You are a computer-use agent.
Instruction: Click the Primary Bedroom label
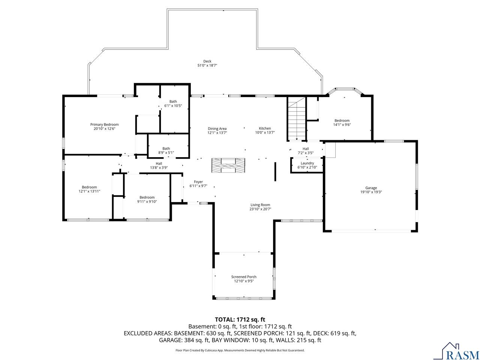coord(104,124)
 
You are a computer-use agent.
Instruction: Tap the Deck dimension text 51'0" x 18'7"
coord(207,65)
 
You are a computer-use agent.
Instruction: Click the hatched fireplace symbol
coord(228,165)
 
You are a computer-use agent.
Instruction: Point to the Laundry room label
coord(307,163)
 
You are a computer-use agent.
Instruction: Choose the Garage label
coord(371,188)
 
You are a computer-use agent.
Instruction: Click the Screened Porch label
coord(244,277)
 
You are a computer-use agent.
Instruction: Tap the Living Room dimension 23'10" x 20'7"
coord(260,209)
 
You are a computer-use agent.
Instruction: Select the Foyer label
coord(198,181)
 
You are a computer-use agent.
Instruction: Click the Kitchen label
coord(265,128)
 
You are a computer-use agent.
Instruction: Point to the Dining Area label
coord(217,129)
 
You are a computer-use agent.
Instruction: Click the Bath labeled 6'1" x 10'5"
coord(173,101)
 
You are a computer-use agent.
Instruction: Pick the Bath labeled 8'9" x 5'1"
coord(166,148)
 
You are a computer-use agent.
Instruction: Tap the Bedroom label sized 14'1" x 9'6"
coord(342,120)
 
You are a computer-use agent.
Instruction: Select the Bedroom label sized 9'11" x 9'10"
coord(147,197)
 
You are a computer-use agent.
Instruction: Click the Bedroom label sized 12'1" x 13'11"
coord(89,187)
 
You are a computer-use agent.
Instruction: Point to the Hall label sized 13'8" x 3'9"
coord(159,163)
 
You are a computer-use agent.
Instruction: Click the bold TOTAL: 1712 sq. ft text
coord(240,319)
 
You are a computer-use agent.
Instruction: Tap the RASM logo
coord(459,351)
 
